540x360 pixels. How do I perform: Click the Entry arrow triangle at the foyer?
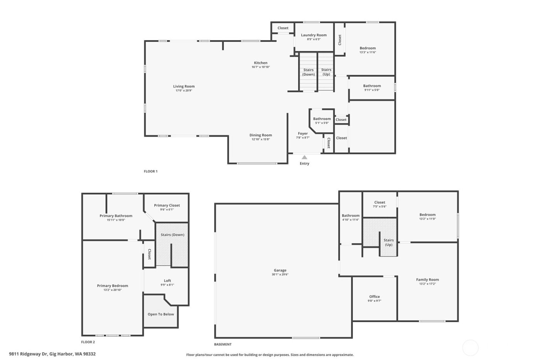[x=304, y=157]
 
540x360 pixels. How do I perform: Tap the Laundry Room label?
[x=314, y=35]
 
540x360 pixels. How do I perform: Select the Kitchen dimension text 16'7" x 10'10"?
[x=261, y=67]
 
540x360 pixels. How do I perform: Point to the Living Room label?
[x=184, y=86]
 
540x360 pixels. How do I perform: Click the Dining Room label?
[x=261, y=135]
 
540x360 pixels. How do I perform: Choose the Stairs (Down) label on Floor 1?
[x=308, y=72]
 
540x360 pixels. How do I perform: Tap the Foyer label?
[x=303, y=134]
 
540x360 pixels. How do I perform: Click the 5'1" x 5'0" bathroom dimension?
[x=322, y=123]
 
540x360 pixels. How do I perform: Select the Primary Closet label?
[x=167, y=205]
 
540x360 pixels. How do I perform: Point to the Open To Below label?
[x=161, y=314]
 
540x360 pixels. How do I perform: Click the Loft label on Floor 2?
[x=167, y=281]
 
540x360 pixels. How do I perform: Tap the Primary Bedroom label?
[x=112, y=286]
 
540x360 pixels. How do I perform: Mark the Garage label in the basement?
[x=280, y=270]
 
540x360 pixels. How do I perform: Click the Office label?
[x=374, y=297]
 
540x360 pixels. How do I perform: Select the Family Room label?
[x=427, y=280]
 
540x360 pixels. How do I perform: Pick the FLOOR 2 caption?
[x=88, y=342]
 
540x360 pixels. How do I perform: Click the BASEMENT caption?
[x=223, y=344]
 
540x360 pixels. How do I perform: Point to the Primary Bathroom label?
[x=116, y=216]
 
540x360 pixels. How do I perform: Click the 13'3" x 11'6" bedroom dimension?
[x=368, y=52]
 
